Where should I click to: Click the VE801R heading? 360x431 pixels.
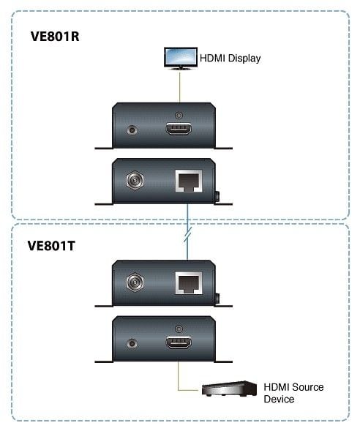55,37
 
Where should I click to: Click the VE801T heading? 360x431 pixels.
51,246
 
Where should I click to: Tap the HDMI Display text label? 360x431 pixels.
230,59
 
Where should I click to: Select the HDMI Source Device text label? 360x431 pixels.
293,393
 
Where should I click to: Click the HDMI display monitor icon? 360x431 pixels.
181,59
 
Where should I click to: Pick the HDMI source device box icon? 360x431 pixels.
229,389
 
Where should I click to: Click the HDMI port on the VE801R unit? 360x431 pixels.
179,129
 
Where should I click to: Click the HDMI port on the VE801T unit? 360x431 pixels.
179,342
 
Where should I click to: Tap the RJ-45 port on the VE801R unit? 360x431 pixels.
189,181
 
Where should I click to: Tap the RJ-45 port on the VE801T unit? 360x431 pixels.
189,283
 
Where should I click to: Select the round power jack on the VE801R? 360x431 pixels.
135,180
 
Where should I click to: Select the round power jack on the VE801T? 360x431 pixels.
135,282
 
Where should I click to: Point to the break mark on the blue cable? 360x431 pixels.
187,235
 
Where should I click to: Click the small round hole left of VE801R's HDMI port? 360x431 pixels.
132,130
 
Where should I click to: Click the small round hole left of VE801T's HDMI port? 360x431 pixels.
132,343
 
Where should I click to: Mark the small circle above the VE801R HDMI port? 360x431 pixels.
179,115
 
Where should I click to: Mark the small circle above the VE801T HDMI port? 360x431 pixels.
179,329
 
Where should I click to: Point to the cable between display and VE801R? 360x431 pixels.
180,86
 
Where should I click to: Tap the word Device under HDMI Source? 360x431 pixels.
279,399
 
